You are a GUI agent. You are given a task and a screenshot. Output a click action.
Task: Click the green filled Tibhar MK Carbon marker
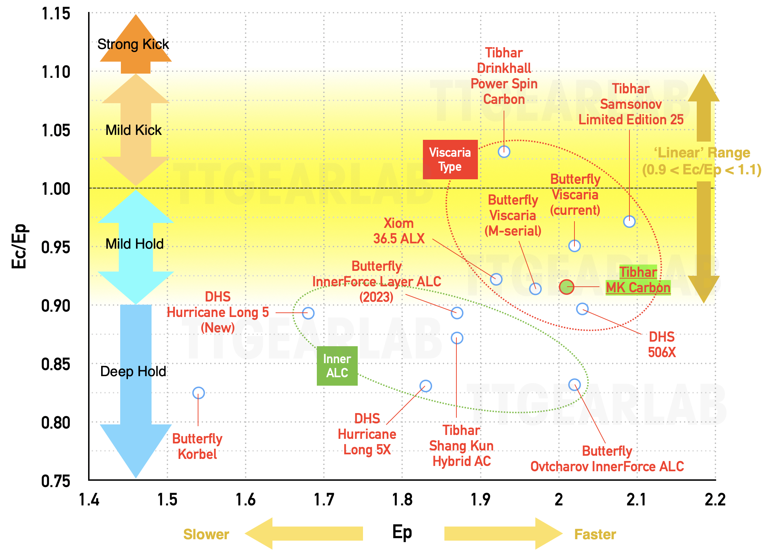tap(566, 287)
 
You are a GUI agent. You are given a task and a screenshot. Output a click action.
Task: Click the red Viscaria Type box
tap(450, 160)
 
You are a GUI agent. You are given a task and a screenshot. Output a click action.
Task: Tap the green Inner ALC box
tap(337, 366)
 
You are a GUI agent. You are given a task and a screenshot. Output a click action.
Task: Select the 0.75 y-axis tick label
tap(56, 481)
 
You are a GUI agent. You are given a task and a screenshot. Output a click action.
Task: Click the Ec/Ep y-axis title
tap(19, 246)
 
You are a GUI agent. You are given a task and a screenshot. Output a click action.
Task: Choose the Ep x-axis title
tap(402, 533)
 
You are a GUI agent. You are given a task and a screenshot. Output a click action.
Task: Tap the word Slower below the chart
tap(206, 534)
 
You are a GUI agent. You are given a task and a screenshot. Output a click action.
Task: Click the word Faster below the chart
tap(595, 534)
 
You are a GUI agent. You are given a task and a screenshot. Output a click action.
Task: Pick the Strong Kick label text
tap(133, 44)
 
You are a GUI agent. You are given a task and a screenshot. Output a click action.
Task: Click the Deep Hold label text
tap(133, 371)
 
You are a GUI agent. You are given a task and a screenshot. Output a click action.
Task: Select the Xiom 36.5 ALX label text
tap(399, 231)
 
